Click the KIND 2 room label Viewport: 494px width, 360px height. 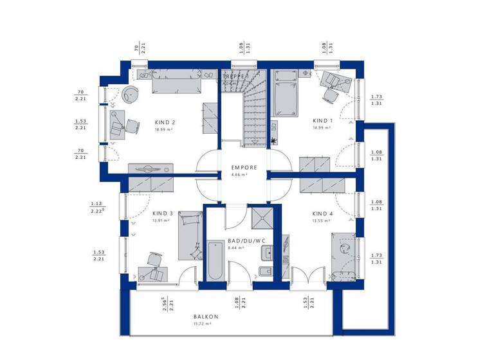pyautogui.click(x=165, y=122)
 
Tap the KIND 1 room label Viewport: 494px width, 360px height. pyautogui.click(x=322, y=120)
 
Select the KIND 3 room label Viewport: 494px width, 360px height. pyautogui.click(x=163, y=213)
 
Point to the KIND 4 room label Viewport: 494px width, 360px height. pyautogui.click(x=322, y=213)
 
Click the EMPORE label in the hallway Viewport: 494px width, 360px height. pyautogui.click(x=244, y=168)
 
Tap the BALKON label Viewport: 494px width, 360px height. pyautogui.click(x=206, y=317)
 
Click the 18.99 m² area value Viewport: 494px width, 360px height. pyautogui.click(x=165, y=129)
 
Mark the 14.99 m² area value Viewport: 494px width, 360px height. pyautogui.click(x=322, y=127)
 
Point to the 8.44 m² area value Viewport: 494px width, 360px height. pyautogui.click(x=236, y=248)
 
